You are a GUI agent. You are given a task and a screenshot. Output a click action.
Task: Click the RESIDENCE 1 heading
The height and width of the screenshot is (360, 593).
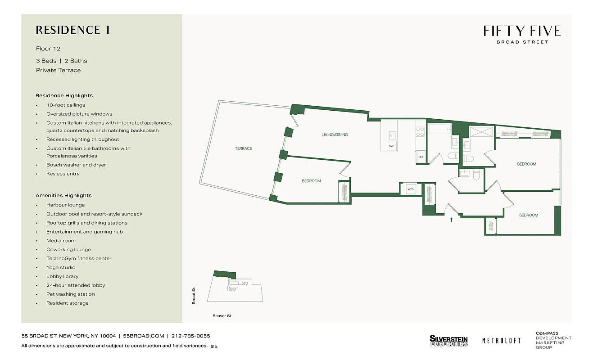pyautogui.click(x=73, y=30)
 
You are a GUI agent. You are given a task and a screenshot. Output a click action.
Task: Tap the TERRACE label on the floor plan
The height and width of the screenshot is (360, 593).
pyautogui.click(x=243, y=148)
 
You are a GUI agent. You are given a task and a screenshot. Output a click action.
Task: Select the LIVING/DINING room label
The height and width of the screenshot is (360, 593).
pyautogui.click(x=335, y=135)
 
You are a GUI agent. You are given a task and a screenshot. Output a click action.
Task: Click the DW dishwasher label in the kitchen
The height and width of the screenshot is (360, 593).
pyautogui.click(x=391, y=147)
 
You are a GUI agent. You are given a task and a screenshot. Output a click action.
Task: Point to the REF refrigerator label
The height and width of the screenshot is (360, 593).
pyautogui.click(x=421, y=157)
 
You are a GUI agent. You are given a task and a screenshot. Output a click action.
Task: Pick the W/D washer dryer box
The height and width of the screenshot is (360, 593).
pyautogui.click(x=411, y=189)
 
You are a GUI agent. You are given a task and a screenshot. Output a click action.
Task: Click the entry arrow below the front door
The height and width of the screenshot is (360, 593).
pyautogui.click(x=451, y=220)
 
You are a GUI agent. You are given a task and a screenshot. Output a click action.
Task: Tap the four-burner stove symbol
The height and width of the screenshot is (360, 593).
pyautogui.click(x=420, y=131)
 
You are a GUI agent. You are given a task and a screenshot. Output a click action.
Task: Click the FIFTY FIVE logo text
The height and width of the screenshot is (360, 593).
pyautogui.click(x=522, y=31)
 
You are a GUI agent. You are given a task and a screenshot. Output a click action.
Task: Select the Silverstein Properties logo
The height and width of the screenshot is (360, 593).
pyautogui.click(x=448, y=341)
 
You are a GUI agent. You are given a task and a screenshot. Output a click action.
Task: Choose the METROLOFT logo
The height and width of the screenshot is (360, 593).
pyautogui.click(x=501, y=341)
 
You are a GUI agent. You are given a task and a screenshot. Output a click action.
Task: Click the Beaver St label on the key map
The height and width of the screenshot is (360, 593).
pyautogui.click(x=222, y=316)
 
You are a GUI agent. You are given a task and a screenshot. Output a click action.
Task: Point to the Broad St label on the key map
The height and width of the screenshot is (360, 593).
pyautogui.click(x=194, y=296)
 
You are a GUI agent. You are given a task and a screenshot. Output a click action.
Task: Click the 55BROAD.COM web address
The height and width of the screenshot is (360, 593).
pyautogui.click(x=144, y=336)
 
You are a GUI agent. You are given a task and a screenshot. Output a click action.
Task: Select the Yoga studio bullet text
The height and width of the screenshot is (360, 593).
pyautogui.click(x=61, y=267)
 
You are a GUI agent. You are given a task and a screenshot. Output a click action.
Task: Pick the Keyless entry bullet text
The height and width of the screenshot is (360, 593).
pyautogui.click(x=63, y=174)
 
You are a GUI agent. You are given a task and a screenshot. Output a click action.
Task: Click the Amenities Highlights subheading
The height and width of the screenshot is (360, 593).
pyautogui.click(x=63, y=195)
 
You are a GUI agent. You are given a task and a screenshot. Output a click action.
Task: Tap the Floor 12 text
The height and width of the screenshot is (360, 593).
pyautogui.click(x=48, y=49)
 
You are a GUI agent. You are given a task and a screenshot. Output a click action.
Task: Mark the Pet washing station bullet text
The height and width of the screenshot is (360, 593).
pyautogui.click(x=70, y=294)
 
